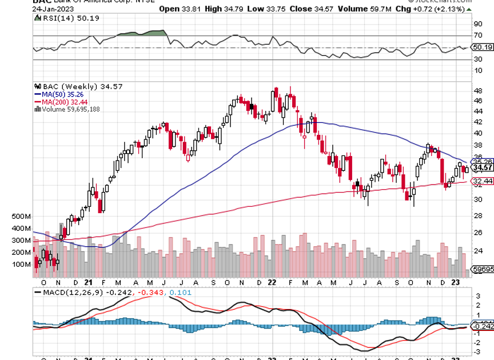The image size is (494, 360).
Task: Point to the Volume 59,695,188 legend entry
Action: point(71,109)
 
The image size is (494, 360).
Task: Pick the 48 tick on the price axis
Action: point(477,91)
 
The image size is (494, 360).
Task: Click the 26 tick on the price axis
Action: point(477,233)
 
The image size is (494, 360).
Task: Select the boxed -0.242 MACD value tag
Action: point(482,326)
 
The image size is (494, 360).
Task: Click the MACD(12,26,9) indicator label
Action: point(66,292)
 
